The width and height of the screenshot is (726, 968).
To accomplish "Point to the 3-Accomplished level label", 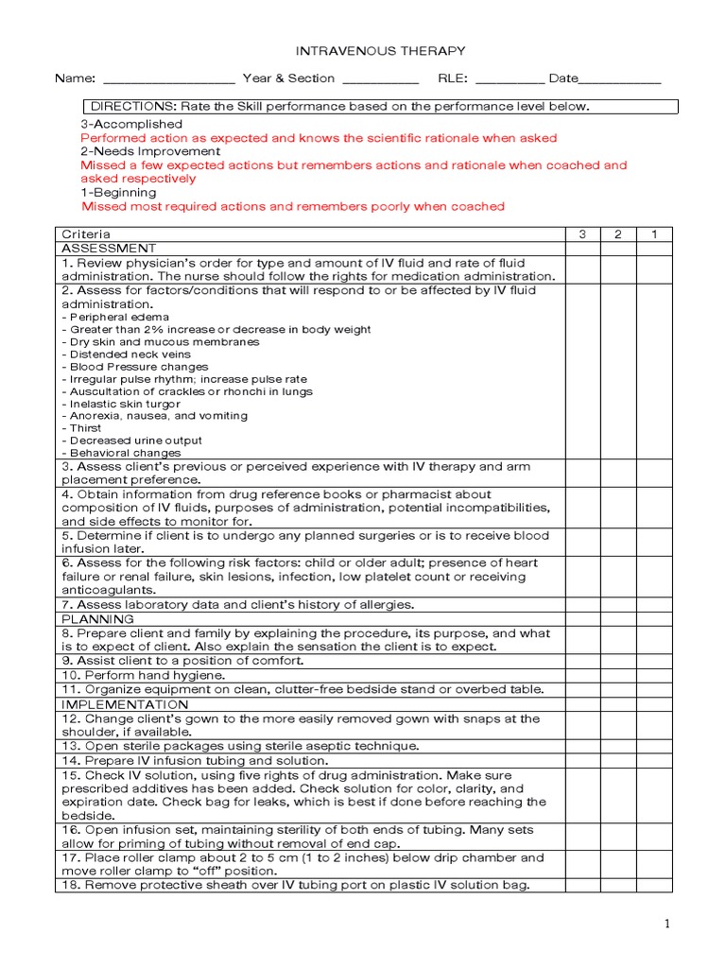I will (131, 124).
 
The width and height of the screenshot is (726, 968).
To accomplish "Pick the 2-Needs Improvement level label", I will (150, 151).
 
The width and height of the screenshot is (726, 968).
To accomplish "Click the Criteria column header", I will (86, 233).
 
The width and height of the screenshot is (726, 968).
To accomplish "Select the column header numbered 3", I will (582, 233).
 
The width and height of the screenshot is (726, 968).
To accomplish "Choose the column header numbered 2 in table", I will (618, 233).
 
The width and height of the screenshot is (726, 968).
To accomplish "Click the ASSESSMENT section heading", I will (109, 248).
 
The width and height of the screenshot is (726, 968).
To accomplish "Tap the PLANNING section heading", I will (98, 619).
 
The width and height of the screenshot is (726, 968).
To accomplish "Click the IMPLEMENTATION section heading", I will (125, 704).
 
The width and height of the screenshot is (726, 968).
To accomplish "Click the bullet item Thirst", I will (86, 428).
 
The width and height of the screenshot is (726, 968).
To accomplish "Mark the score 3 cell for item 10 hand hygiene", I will (582, 676).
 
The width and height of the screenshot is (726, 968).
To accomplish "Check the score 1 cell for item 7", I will (654, 605).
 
